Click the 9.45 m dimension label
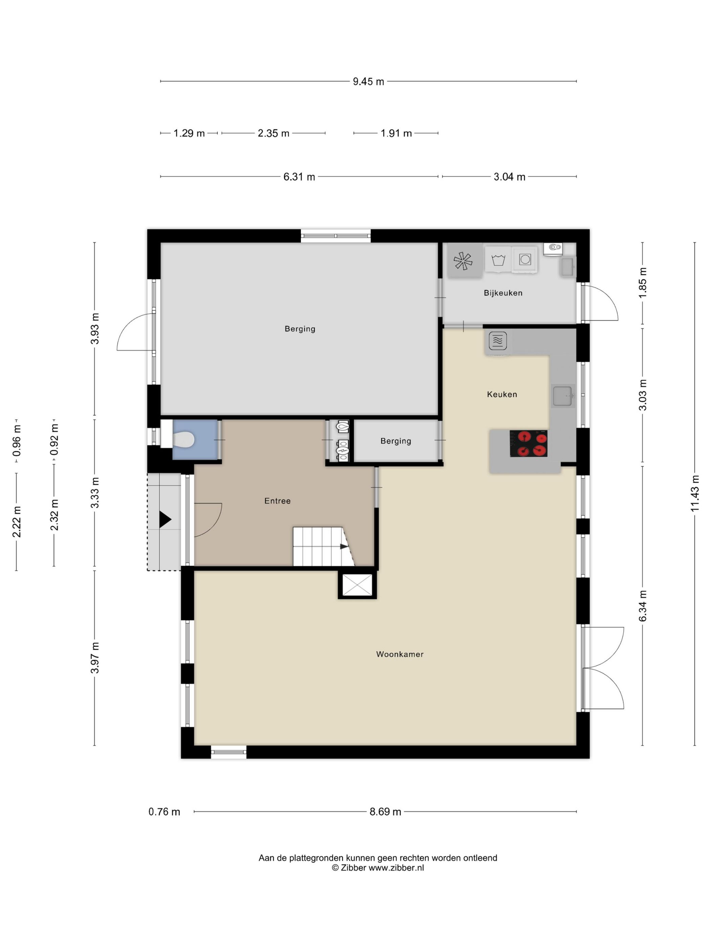tap(368, 82)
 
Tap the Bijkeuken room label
tap(503, 293)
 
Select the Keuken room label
tap(502, 394)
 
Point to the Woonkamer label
tap(400, 654)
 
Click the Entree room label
tap(277, 500)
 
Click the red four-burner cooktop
tap(529, 444)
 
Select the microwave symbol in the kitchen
tap(498, 341)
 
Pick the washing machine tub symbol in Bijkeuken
tap(498, 260)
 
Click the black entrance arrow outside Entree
tap(165, 519)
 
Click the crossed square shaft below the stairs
tap(357, 585)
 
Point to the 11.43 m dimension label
tap(695, 493)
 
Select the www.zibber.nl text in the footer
tap(396, 867)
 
